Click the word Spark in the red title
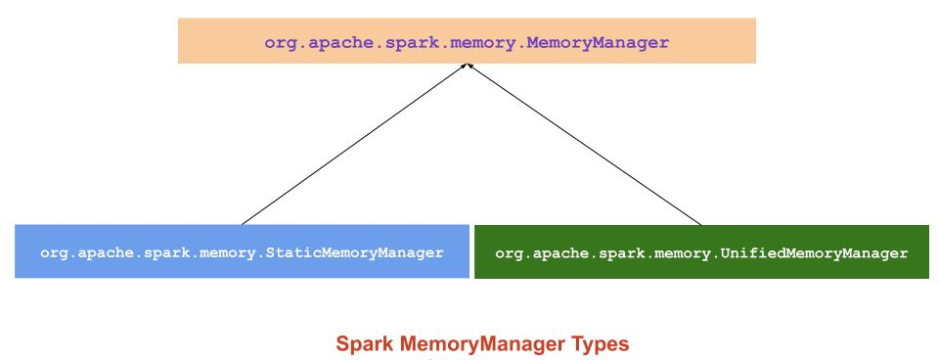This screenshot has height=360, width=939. pyautogui.click(x=360, y=344)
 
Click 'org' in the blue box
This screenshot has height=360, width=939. pyautogui.click(x=53, y=252)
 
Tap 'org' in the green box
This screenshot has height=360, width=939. pyautogui.click(x=508, y=253)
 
